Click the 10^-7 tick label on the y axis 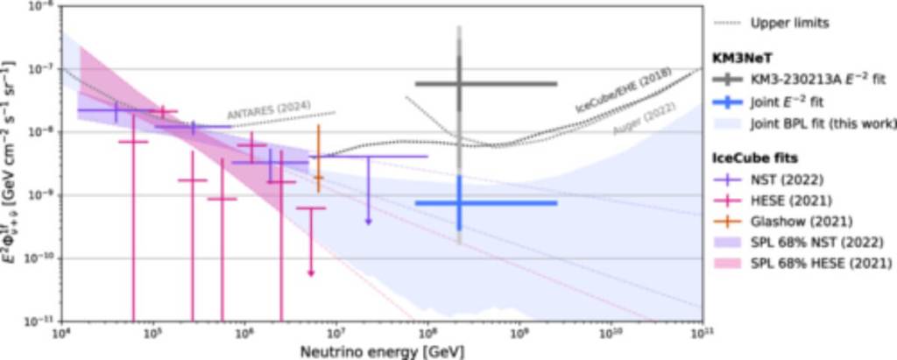(41, 69)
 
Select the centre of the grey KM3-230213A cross (459, 83)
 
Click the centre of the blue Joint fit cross (459, 203)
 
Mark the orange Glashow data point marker (318, 178)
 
